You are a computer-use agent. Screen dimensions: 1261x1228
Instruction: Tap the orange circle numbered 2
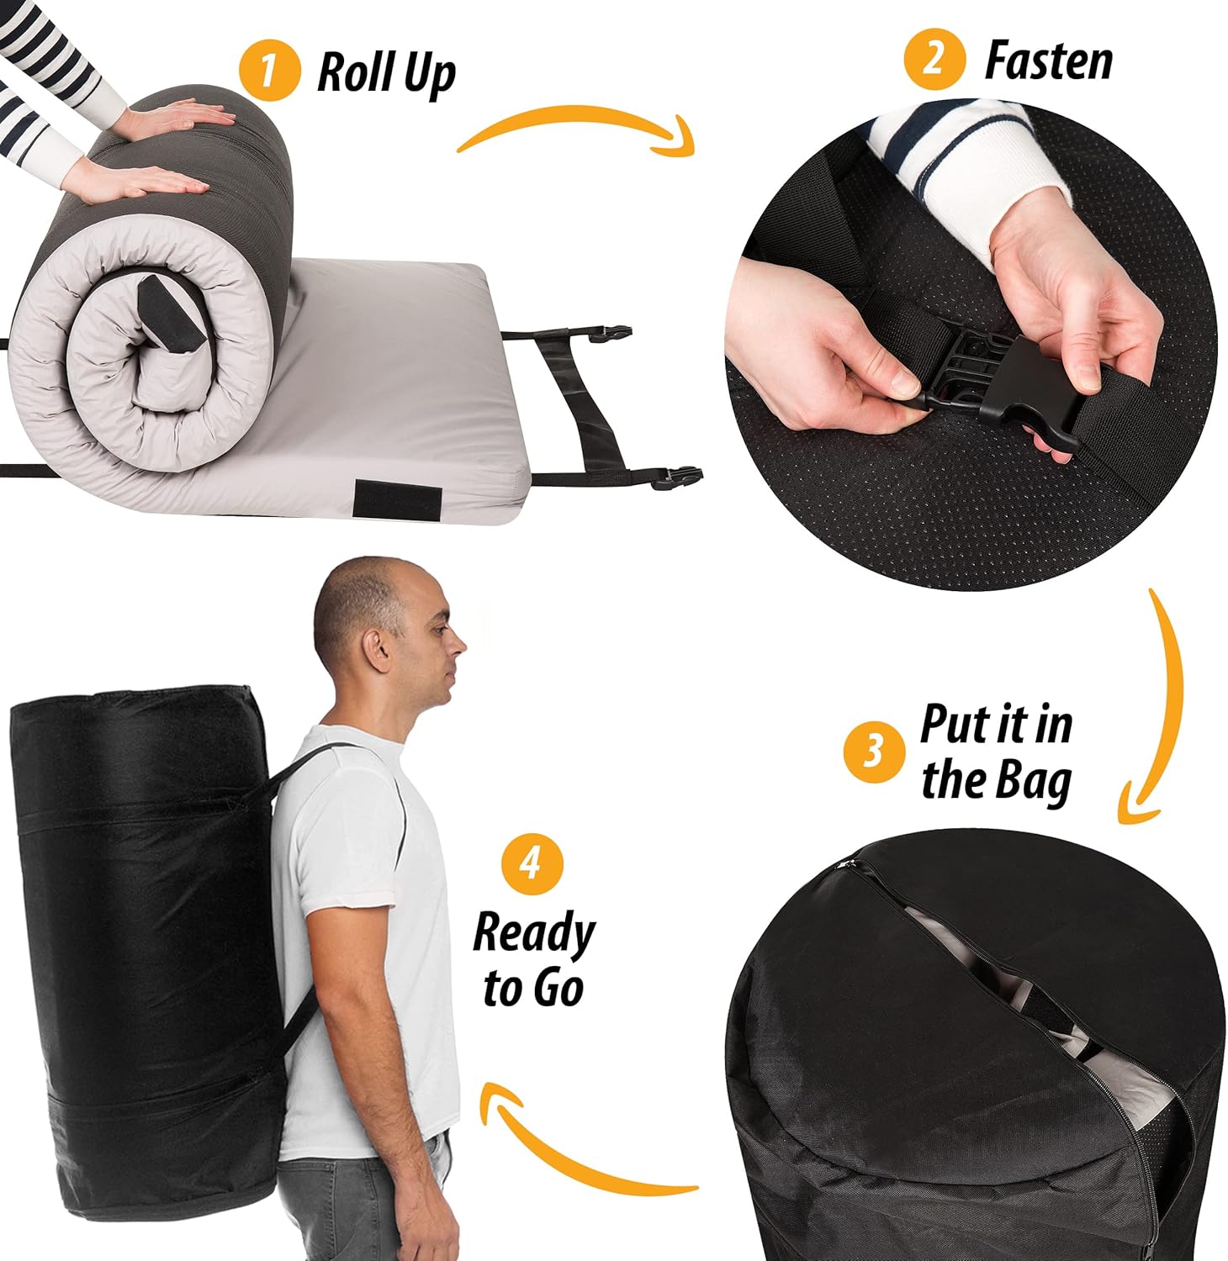934,58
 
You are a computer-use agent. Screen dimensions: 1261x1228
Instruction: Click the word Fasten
1048,61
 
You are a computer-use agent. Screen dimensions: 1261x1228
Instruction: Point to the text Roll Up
386,74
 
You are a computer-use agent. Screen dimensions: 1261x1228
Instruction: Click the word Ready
533,934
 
